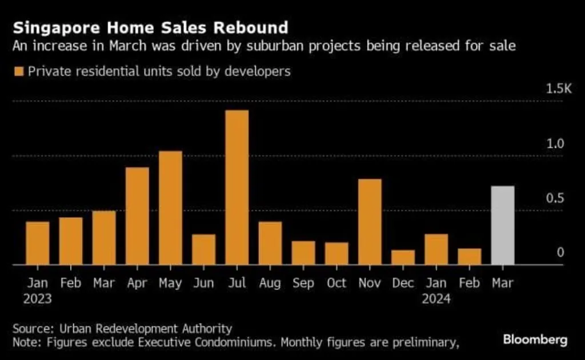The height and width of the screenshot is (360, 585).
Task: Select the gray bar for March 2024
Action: (x=502, y=225)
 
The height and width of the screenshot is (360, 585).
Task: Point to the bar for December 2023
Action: (x=403, y=257)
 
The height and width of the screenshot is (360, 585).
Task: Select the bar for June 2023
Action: (x=203, y=249)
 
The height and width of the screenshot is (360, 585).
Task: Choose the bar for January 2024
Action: (x=436, y=249)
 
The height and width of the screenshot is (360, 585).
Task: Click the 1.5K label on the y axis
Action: (x=558, y=89)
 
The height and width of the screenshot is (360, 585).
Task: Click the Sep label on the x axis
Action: (x=303, y=283)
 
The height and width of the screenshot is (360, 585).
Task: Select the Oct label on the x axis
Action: (x=336, y=283)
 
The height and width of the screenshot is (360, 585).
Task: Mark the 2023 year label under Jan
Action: (x=38, y=298)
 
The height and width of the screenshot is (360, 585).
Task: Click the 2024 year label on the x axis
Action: (x=436, y=298)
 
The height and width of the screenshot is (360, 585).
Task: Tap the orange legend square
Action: (x=19, y=71)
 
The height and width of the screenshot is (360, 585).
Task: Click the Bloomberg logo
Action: (x=535, y=340)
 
